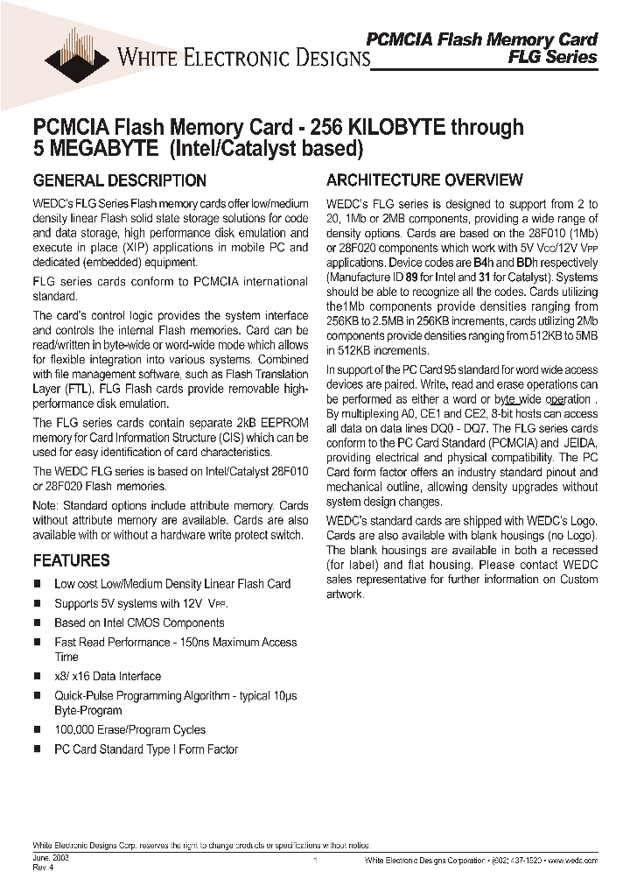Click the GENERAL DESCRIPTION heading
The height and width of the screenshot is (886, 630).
click(119, 181)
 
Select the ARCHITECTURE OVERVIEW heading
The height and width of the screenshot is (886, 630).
click(424, 180)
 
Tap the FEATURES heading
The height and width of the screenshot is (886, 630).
click(71, 560)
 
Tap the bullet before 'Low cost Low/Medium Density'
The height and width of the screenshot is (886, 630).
click(38, 584)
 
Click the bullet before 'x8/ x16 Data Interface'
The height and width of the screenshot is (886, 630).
click(38, 677)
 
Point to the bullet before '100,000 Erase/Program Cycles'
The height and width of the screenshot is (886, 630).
click(38, 730)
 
